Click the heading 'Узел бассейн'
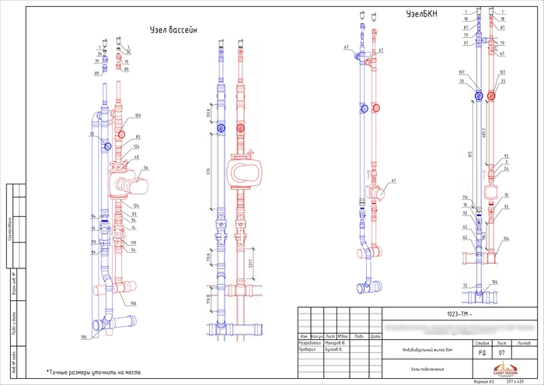174,30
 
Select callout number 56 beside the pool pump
145,168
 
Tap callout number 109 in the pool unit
138,116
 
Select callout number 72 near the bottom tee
465,286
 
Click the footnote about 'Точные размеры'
94,373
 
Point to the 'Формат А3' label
483,381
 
